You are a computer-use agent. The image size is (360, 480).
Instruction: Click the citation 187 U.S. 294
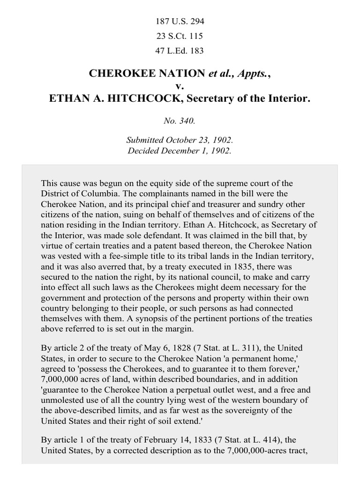coord(180,21)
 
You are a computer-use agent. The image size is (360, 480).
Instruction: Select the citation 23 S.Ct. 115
coord(180,36)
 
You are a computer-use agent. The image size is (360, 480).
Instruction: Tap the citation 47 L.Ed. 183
coord(180,50)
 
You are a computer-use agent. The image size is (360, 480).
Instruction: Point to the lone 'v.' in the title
coord(180,86)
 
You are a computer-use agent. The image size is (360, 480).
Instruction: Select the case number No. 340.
coord(180,121)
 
